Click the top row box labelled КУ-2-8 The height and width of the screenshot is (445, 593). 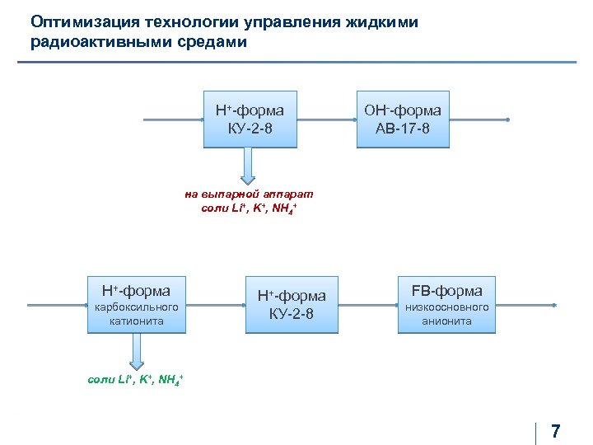pyautogui.click(x=250, y=119)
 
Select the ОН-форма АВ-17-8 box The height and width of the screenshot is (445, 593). pyautogui.click(x=403, y=119)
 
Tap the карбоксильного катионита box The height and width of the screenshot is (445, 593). pyautogui.click(x=137, y=305)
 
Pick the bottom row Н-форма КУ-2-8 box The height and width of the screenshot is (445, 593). pyautogui.click(x=292, y=305)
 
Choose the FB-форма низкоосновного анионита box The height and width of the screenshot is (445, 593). pyautogui.click(x=447, y=305)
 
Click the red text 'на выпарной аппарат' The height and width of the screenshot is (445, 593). pyautogui.click(x=250, y=194)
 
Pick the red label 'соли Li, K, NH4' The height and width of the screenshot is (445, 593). pyautogui.click(x=250, y=209)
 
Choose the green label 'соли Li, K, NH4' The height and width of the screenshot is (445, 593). pyautogui.click(x=136, y=379)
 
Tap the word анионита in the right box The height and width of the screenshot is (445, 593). pyautogui.click(x=447, y=321)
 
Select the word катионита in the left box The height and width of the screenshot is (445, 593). pyautogui.click(x=137, y=321)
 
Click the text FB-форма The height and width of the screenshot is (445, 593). pyautogui.click(x=447, y=291)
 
